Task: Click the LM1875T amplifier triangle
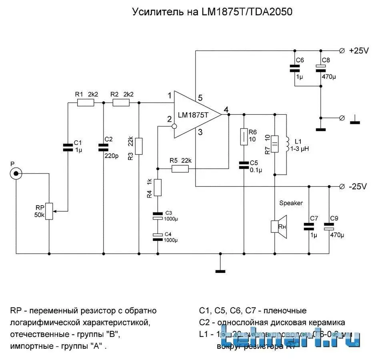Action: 196,115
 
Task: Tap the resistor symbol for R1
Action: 85,103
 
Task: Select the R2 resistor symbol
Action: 121,103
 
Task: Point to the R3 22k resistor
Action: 138,146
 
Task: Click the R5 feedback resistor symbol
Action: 180,169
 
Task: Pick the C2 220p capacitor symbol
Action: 103,148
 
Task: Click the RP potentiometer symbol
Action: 49,211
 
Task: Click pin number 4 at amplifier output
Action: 226,110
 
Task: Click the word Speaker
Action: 291,203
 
